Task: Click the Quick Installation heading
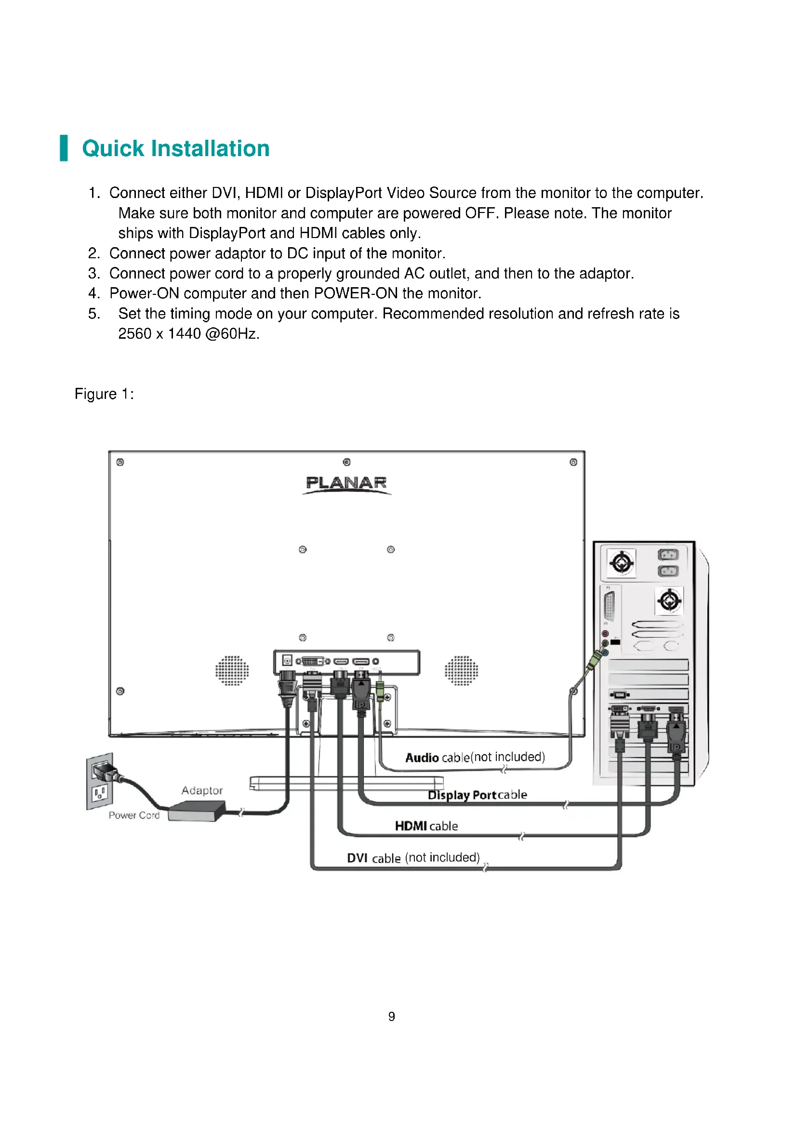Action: [x=176, y=148]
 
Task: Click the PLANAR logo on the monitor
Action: [x=346, y=483]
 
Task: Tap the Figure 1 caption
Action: [x=104, y=394]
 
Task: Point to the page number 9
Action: [x=392, y=1017]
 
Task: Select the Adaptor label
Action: [x=202, y=790]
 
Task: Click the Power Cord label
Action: [x=134, y=815]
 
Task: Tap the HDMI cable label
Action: [x=426, y=826]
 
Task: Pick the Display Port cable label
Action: [x=477, y=795]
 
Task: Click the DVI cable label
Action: [x=413, y=858]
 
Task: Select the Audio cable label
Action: [x=475, y=757]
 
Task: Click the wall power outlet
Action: [x=100, y=781]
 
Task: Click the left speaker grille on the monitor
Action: [x=232, y=671]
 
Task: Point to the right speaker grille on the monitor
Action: [x=461, y=671]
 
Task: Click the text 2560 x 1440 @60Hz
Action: [x=188, y=334]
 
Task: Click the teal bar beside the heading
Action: [x=64, y=148]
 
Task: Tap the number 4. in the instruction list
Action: [x=94, y=293]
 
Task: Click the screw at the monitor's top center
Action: [x=346, y=462]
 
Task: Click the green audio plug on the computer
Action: [x=594, y=662]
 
